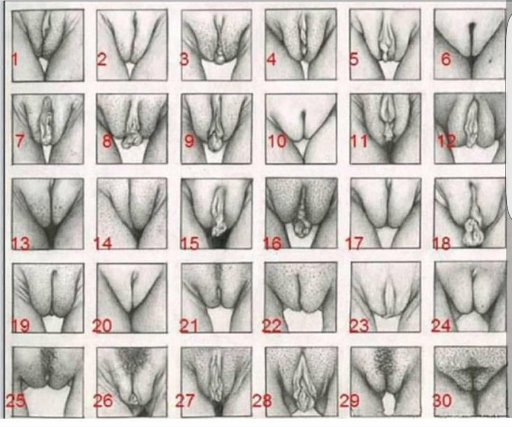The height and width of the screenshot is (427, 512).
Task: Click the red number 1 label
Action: (x=15, y=59)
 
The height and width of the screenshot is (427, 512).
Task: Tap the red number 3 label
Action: (x=184, y=59)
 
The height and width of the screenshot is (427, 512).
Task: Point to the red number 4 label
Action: (x=271, y=59)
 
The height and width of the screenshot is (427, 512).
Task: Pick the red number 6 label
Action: (x=446, y=59)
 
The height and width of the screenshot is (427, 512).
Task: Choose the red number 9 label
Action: (x=190, y=142)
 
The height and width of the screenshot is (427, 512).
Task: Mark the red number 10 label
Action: (x=277, y=142)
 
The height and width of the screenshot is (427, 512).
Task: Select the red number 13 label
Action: (x=21, y=243)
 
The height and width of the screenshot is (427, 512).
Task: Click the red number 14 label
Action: (x=103, y=243)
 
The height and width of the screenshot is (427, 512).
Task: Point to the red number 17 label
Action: (x=354, y=243)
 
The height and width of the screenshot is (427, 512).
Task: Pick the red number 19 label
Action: (x=21, y=326)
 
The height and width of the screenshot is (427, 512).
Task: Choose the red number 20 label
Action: (x=102, y=326)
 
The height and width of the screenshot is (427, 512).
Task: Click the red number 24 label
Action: (x=441, y=326)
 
